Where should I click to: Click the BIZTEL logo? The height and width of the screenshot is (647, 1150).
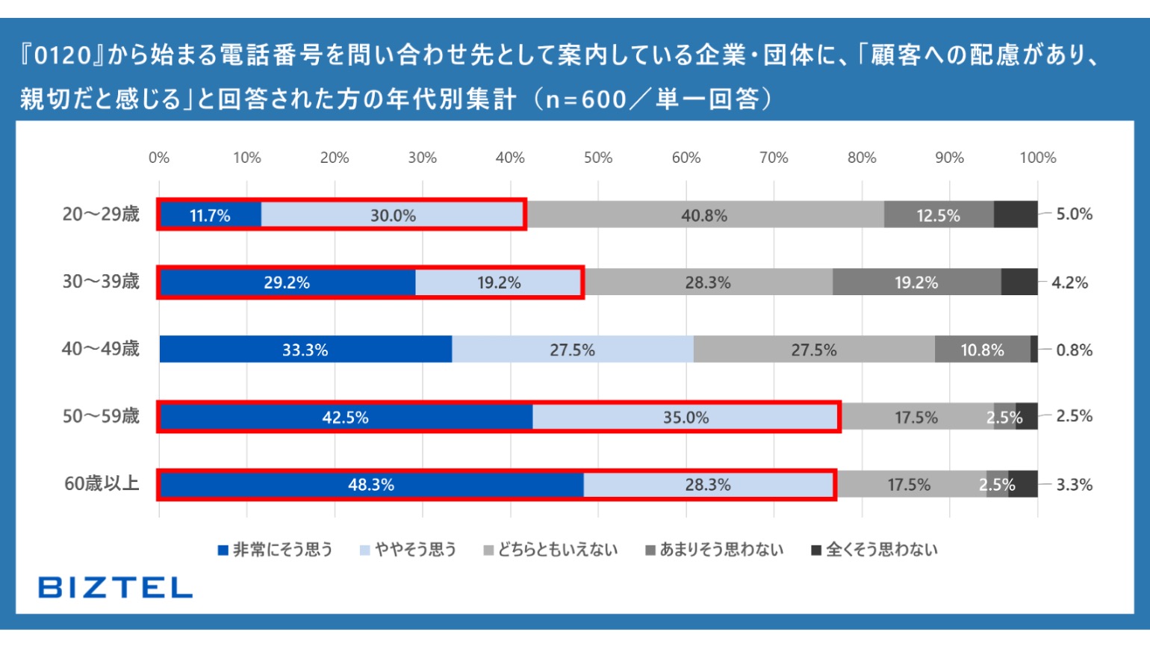point(116,587)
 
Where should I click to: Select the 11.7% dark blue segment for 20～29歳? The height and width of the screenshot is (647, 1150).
point(210,215)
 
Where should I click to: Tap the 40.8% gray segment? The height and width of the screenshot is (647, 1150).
point(704,215)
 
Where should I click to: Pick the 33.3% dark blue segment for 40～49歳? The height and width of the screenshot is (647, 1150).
point(305,350)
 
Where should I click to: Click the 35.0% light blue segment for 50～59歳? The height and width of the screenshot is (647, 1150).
point(686,417)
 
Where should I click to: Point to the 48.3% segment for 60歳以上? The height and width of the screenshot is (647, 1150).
point(371,484)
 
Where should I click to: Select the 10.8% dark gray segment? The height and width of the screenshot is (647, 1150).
point(982,350)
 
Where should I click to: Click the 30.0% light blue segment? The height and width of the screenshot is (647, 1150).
point(393,215)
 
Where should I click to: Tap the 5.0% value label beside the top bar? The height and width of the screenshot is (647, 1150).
point(1074,214)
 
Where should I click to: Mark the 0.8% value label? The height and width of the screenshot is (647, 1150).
point(1074,350)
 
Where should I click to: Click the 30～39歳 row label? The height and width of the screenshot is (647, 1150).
point(101,282)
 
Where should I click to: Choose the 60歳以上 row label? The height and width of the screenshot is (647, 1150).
point(102,483)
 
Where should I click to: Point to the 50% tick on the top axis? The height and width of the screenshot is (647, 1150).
point(598,158)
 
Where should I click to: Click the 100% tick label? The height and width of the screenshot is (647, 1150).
point(1038,158)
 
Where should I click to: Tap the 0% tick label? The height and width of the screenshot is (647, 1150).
point(159,158)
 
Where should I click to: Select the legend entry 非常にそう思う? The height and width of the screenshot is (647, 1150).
point(276,550)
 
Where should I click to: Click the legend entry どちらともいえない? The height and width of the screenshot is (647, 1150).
point(551,550)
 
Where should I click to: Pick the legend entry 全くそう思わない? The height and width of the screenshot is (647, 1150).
point(874,550)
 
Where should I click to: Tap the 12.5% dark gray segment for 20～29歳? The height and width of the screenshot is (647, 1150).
point(939,215)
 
